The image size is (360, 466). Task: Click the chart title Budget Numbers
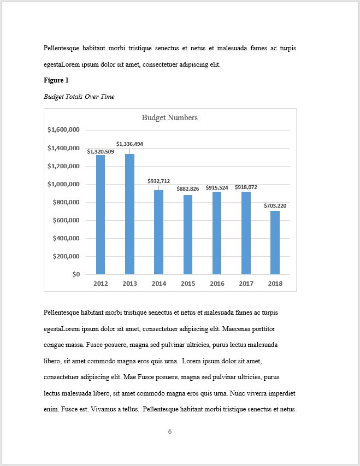tap(169, 117)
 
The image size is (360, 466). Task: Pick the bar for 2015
tap(188, 234)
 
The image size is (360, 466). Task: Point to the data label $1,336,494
tap(129, 144)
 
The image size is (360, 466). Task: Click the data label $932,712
tap(158, 181)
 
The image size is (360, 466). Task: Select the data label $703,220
tap(275, 205)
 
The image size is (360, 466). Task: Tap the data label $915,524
tap(217, 187)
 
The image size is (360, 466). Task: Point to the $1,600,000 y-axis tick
tap(64, 130)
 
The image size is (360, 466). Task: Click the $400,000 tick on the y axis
tap(66, 238)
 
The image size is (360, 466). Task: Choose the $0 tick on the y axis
tap(75, 274)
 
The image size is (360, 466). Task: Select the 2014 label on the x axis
tap(159, 284)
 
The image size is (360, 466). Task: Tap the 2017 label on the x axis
tap(246, 284)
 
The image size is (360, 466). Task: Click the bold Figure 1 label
tap(56, 81)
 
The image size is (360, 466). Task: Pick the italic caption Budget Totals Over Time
tap(79, 97)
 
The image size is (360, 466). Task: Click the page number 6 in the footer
tap(170, 432)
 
